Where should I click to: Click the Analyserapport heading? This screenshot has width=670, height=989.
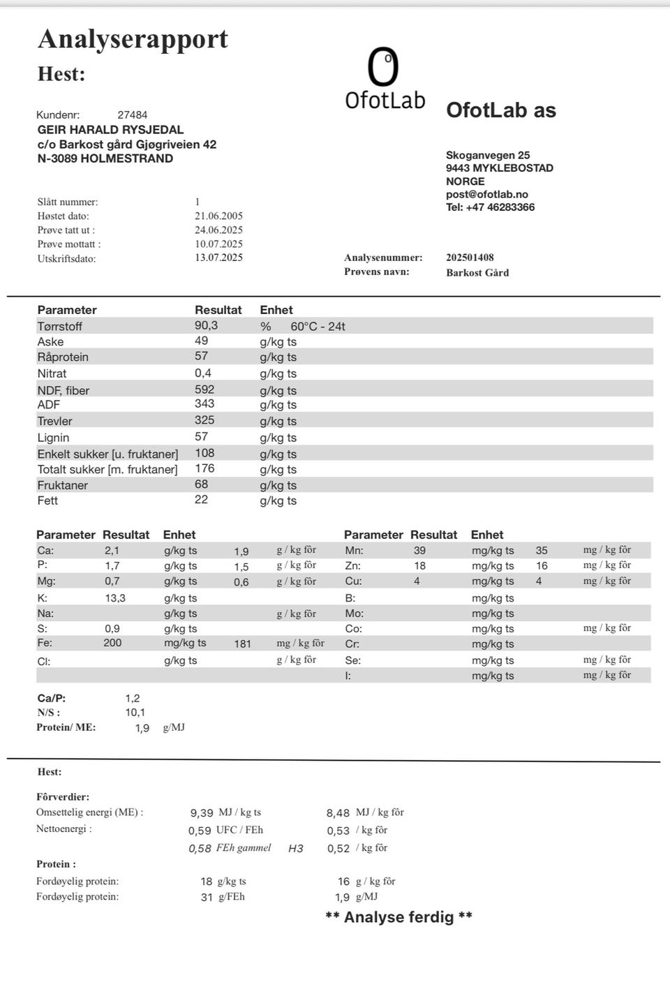point(133,39)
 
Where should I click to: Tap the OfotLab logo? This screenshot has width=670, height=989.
point(385,79)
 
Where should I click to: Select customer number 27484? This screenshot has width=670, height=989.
point(132,114)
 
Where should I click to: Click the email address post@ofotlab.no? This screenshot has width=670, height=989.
point(487,194)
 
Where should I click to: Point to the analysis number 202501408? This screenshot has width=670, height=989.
point(470,258)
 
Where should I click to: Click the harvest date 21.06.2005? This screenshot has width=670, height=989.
point(218,216)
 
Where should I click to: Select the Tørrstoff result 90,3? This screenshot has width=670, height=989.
point(206,325)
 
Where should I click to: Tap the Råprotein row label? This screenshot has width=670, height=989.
point(63,357)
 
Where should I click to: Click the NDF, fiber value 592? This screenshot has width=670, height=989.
point(204,389)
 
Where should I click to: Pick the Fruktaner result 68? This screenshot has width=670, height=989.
point(201,484)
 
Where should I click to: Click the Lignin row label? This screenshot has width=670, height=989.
point(53,438)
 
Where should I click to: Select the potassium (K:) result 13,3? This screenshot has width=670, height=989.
point(115,598)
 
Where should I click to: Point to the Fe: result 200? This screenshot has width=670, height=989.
point(112,643)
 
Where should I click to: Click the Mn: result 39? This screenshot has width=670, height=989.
point(419,551)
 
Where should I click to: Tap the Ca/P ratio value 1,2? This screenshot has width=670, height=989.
point(133,698)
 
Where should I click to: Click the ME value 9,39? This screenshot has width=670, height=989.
point(202,813)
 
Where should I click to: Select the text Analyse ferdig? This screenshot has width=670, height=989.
point(399,917)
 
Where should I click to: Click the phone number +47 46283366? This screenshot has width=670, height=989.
point(500,207)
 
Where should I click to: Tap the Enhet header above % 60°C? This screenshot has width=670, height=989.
point(276,310)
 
